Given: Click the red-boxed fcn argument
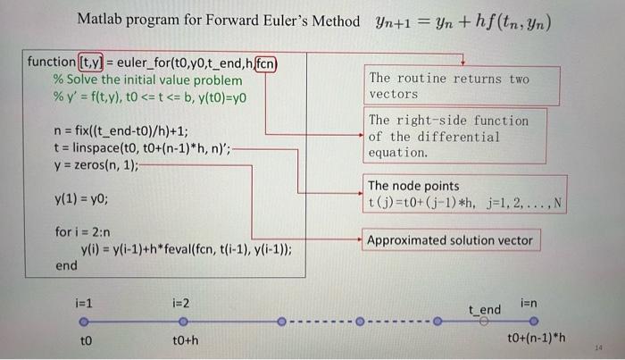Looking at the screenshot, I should click(x=265, y=63).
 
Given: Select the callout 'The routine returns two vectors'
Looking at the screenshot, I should click(x=449, y=86).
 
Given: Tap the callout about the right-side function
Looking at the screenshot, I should click(x=449, y=137).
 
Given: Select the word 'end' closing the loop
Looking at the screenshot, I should click(x=66, y=265).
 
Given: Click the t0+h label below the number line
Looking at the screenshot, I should click(x=185, y=340).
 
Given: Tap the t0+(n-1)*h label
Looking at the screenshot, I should click(x=536, y=339).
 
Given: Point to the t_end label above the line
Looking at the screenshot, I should click(x=486, y=309).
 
